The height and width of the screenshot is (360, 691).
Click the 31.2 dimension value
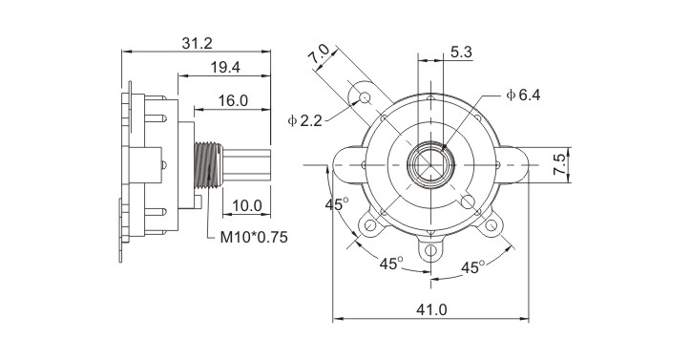coord(197,43)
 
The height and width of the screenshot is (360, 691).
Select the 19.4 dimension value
coord(225,68)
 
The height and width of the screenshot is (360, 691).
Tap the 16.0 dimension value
coord(233,101)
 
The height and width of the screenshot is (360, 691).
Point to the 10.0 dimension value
coord(247,205)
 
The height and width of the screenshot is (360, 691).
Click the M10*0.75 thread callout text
coord(254,238)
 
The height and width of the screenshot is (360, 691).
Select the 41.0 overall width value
coord(431,309)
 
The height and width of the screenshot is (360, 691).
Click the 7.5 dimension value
coord(559,164)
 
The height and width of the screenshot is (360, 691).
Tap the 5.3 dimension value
coord(461,53)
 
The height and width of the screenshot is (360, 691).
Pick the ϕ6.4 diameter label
coord(523,95)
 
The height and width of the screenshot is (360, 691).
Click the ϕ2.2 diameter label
coord(305,120)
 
